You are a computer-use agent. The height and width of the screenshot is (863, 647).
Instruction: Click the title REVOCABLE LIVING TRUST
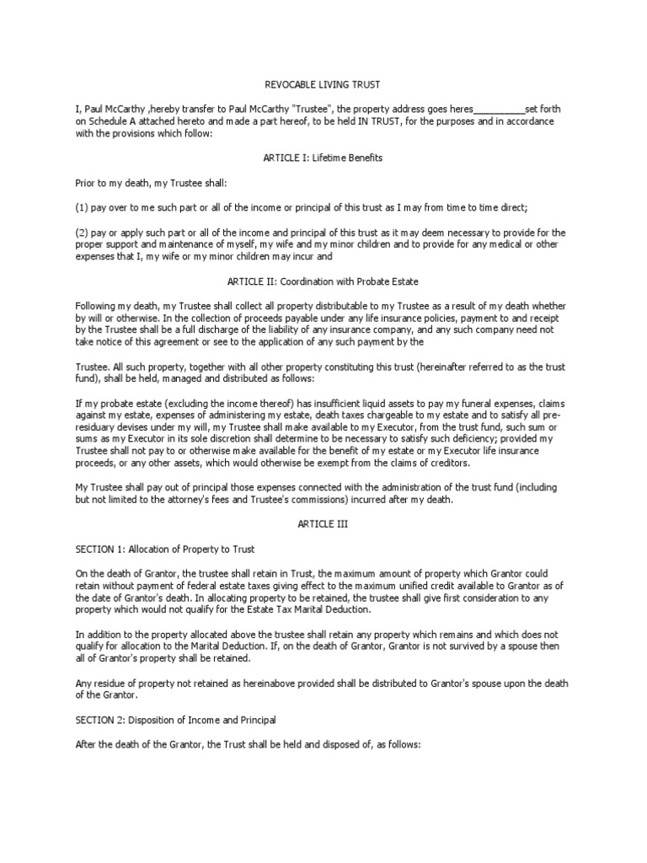323,84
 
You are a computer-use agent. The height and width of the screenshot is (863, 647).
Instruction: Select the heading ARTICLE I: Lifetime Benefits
323,158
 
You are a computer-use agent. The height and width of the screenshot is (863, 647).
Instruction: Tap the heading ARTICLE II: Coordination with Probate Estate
323,281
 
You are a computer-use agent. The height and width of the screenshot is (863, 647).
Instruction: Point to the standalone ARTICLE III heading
323,524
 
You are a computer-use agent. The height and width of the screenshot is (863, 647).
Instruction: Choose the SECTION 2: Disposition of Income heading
175,721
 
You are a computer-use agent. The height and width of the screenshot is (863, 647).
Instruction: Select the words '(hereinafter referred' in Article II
432,367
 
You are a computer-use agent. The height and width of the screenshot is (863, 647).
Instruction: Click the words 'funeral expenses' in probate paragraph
489,404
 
